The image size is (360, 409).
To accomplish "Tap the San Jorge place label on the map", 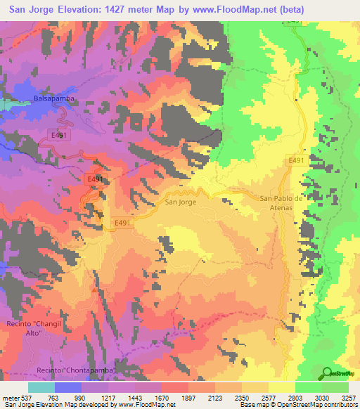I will (180, 202).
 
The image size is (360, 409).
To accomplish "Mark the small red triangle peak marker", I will (94, 289).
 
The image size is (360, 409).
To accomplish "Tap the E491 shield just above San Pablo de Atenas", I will (295, 161).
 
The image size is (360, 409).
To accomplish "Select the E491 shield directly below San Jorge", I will (124, 223).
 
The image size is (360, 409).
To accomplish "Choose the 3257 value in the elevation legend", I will (348, 397).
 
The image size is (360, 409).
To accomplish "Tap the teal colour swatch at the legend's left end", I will (41, 387).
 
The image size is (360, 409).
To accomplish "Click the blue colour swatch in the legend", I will (68, 387).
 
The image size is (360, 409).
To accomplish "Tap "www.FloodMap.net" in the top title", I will (250, 9).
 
